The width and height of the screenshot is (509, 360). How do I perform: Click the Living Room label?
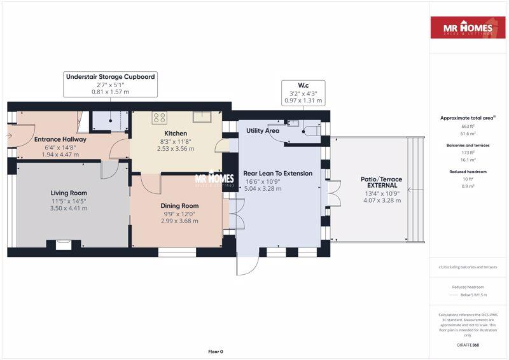click(x=69, y=193)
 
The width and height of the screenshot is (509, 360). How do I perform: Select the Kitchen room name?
click(x=175, y=132)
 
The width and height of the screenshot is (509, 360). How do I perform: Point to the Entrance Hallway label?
click(x=60, y=139)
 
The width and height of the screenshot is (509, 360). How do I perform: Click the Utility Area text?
click(x=263, y=130)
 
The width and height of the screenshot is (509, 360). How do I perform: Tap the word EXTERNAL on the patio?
click(x=382, y=185)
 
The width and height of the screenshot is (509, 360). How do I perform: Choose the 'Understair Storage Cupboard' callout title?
click(x=110, y=76)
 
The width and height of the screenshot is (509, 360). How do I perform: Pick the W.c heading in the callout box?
click(x=303, y=85)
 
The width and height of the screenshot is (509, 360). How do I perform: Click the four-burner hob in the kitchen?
click(x=159, y=117)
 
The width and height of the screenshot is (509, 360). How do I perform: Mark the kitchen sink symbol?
click(x=202, y=115)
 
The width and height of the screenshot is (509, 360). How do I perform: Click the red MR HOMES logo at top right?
click(x=468, y=28)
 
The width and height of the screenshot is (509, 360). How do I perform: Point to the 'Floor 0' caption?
click(x=216, y=351)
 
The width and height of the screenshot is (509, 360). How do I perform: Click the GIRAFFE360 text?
click(x=468, y=345)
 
